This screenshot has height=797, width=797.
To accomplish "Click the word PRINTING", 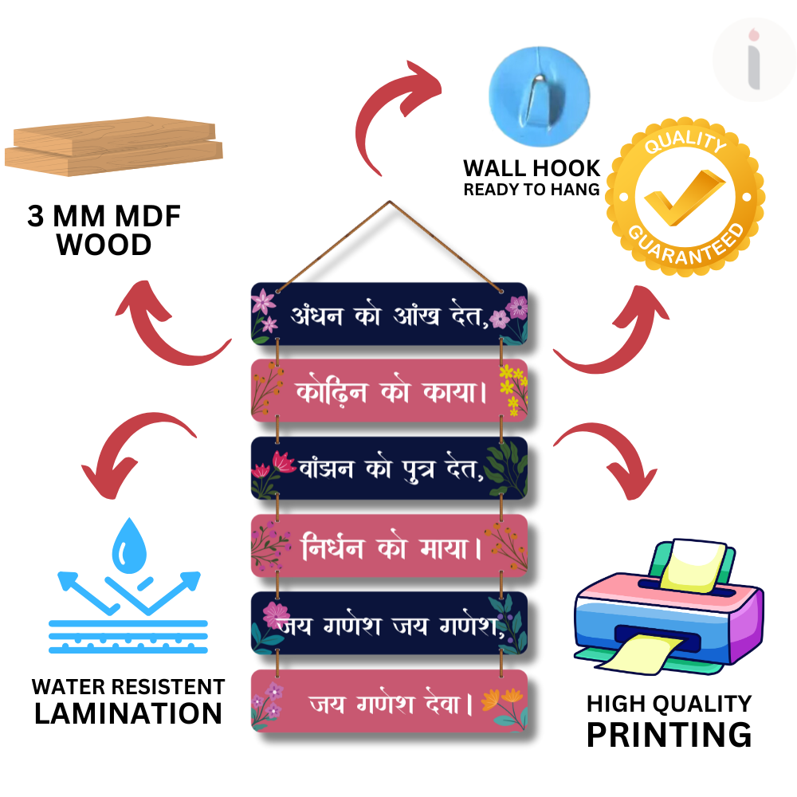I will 669,734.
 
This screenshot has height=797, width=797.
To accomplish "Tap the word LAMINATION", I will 128,713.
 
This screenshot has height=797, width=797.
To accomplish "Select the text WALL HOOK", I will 532,168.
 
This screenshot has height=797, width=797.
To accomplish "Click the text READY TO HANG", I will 532,190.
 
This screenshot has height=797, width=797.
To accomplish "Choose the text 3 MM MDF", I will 104,217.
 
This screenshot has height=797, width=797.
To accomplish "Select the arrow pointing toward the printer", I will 606,458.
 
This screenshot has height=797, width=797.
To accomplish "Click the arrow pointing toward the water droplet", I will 135,450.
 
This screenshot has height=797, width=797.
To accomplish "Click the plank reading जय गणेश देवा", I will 389,701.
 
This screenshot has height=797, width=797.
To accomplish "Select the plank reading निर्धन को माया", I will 389,546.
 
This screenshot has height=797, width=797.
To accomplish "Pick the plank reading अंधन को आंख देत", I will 389,313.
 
